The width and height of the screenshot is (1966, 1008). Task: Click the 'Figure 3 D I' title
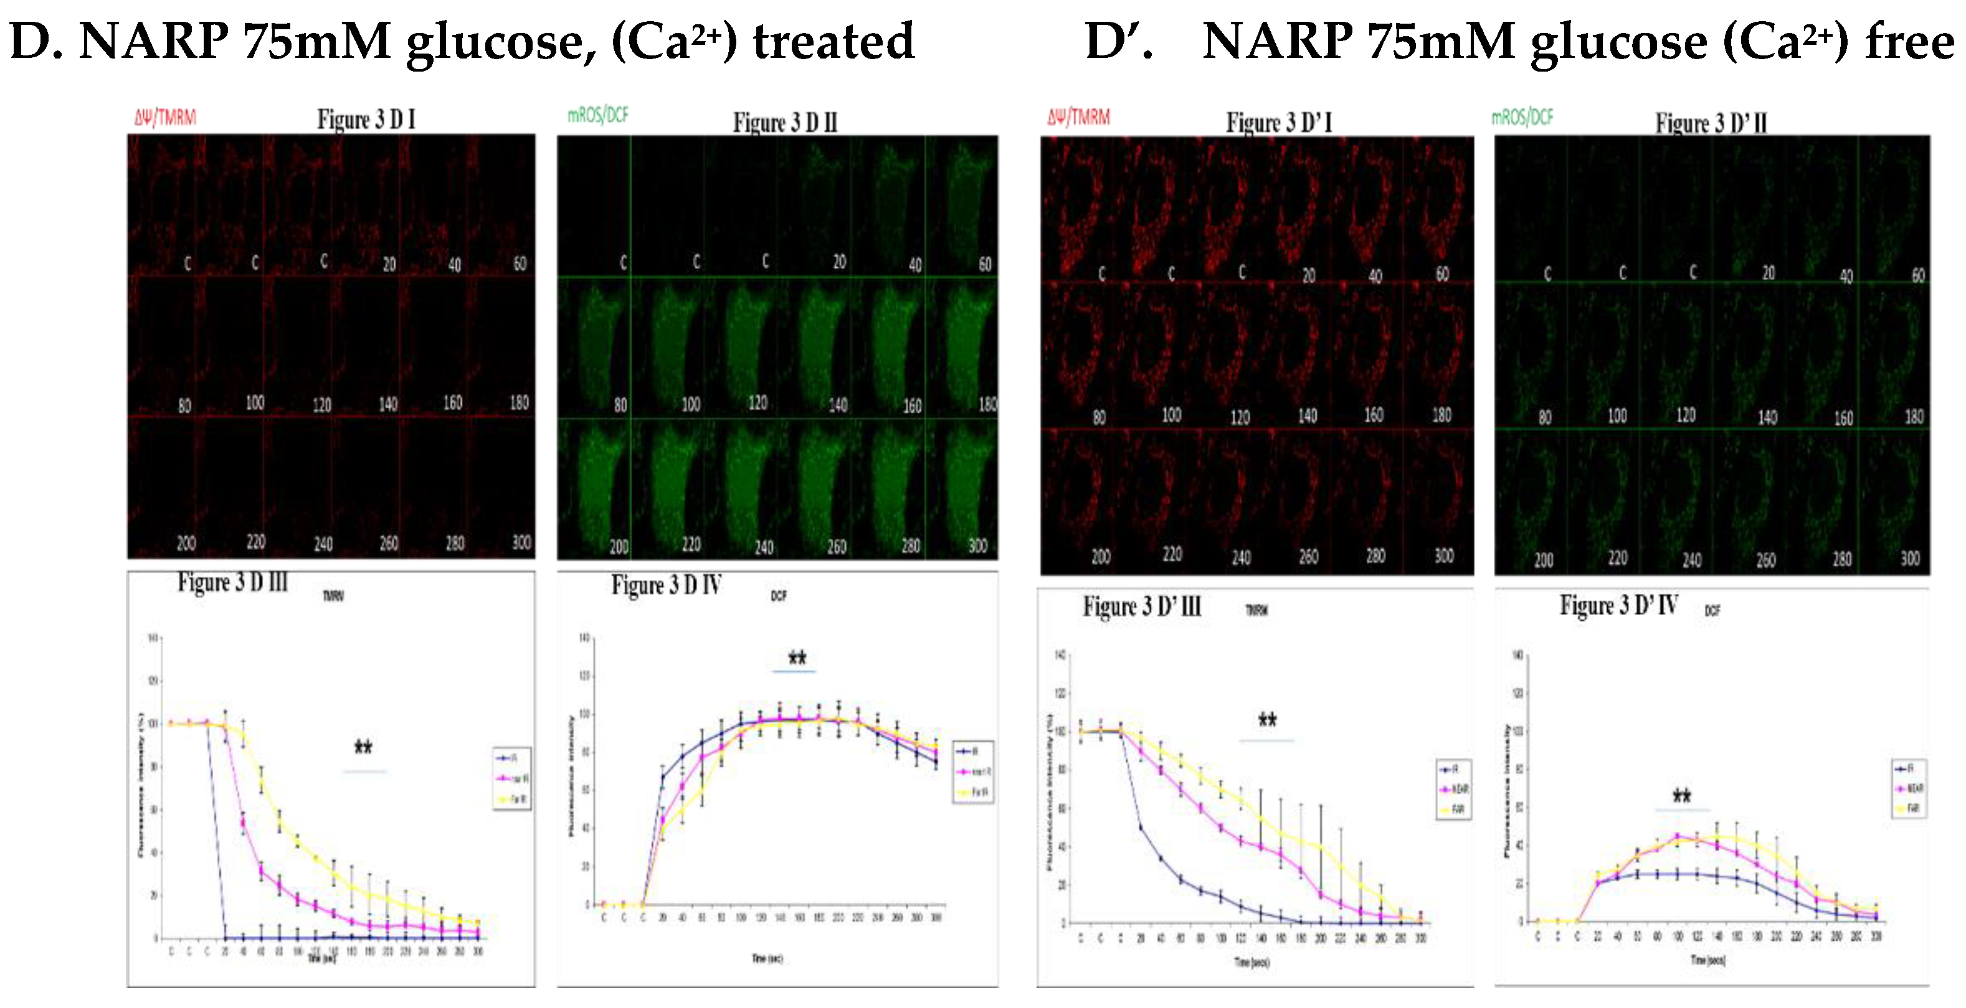click(366, 120)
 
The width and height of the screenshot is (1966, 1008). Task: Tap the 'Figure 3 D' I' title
click(1278, 122)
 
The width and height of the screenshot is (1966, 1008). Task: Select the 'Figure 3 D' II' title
click(1711, 123)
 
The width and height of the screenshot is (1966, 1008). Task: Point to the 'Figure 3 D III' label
click(233, 582)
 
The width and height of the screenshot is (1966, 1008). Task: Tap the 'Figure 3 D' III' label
click(1142, 606)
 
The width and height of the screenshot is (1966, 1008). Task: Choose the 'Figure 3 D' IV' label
click(1618, 606)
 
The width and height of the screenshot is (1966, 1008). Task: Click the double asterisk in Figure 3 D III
click(363, 747)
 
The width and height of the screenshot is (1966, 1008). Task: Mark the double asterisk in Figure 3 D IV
click(797, 657)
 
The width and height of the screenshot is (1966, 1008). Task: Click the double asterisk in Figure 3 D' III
click(1267, 720)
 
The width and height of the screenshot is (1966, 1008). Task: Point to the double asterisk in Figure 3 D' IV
click(1681, 797)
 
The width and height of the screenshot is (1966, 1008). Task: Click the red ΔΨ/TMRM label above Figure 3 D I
click(165, 118)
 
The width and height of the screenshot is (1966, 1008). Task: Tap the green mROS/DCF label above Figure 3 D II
click(597, 115)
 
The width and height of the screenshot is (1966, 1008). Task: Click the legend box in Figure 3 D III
click(512, 779)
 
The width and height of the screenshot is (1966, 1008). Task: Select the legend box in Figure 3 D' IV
click(1909, 788)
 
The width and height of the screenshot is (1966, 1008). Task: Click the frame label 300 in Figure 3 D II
click(977, 545)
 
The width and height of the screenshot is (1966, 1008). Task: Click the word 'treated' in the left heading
click(833, 41)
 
